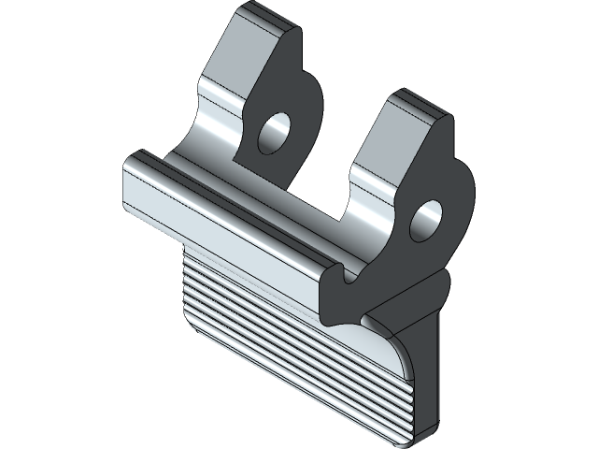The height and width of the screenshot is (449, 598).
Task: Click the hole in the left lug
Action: [x=274, y=132]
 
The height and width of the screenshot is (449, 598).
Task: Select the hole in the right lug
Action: [x=429, y=216]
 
